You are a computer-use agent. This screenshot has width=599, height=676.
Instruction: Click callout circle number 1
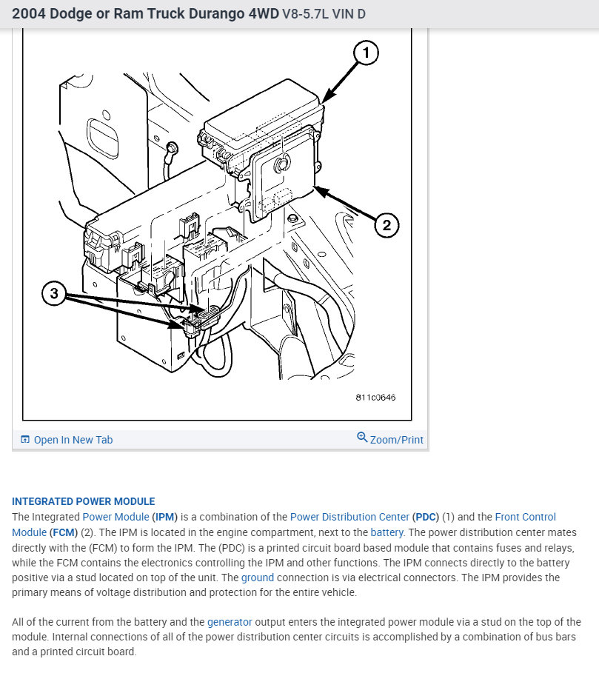pyautogui.click(x=366, y=53)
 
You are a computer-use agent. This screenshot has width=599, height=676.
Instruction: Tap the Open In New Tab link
pyautogui.click(x=73, y=440)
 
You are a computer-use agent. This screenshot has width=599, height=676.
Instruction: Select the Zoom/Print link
pyautogui.click(x=397, y=440)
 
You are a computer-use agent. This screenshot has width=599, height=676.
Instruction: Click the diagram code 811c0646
pyautogui.click(x=375, y=398)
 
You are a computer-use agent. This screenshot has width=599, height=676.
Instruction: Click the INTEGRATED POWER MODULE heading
pyautogui.click(x=84, y=501)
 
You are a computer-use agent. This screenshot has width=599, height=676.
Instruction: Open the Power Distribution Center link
pyautogui.click(x=349, y=517)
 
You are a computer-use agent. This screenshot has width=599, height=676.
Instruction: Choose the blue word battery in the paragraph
pyautogui.click(x=386, y=532)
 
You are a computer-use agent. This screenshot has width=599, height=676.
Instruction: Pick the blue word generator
pyautogui.click(x=230, y=623)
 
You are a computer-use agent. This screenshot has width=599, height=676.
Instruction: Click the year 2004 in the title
pyautogui.click(x=27, y=14)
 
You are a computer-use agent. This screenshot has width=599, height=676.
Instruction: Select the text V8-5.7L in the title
pyautogui.click(x=305, y=14)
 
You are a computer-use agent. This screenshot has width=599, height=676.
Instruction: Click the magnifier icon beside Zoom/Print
pyautogui.click(x=362, y=438)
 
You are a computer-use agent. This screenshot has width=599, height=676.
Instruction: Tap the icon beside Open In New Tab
pyautogui.click(x=25, y=440)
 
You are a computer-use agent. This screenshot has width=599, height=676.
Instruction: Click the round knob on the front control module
pyautogui.click(x=281, y=165)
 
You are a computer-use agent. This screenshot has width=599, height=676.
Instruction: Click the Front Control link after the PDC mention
pyautogui.click(x=525, y=517)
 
